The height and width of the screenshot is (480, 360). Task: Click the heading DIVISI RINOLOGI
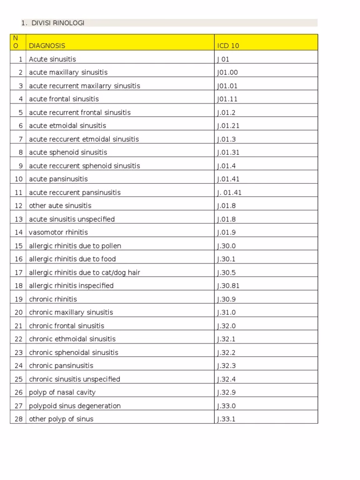[58, 23]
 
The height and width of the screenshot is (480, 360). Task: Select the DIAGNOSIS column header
[47, 46]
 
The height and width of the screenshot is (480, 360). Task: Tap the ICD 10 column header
[228, 46]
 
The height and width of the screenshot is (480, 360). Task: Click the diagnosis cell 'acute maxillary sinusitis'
[68, 73]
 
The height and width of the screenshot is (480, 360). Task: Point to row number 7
[20, 139]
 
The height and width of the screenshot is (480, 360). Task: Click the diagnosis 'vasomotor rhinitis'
[58, 232]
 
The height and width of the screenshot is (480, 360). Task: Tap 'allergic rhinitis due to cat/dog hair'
[84, 272]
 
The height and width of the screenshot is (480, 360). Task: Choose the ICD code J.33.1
[226, 419]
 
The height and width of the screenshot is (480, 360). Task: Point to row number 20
[19, 312]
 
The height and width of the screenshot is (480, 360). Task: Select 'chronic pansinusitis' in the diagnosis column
[61, 366]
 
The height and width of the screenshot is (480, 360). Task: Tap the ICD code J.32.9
[226, 392]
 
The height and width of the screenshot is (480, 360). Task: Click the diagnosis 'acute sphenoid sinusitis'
[68, 152]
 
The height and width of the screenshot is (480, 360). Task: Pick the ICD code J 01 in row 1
[223, 60]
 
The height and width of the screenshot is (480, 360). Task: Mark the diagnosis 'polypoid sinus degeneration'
[75, 406]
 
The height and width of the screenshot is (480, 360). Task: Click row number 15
[19, 246]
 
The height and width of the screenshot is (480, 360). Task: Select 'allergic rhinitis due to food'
[72, 259]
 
